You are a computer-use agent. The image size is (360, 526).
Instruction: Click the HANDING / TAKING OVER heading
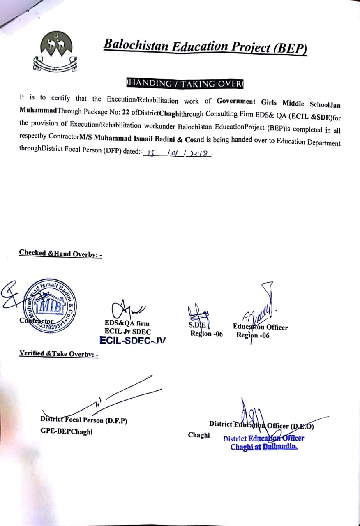point(185,83)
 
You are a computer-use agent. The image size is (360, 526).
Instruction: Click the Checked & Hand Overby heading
point(60,254)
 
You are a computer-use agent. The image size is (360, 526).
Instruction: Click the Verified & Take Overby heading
point(58,353)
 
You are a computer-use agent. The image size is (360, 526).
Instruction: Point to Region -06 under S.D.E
point(206,334)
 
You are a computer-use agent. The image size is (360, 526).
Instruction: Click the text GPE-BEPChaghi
point(66,431)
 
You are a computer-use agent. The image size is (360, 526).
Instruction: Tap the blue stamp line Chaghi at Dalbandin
point(264,447)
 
